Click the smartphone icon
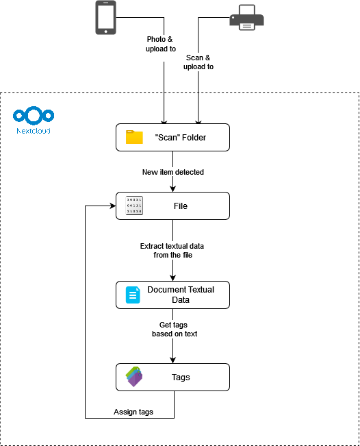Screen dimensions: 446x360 coord(105,17)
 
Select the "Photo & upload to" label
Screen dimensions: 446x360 coord(161,44)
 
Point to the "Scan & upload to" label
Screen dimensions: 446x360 coord(199,62)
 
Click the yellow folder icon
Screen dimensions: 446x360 coord(134,137)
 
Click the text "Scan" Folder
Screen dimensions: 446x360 coord(181,138)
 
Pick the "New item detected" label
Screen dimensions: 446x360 coord(172,172)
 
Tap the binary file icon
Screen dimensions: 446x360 coord(133,206)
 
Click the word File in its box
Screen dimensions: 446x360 coord(181,206)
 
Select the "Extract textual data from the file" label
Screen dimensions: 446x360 coord(172,250)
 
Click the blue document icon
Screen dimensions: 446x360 coord(133,295)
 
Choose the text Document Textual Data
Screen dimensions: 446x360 coord(181,295)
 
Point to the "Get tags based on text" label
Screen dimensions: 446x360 coord(172,329)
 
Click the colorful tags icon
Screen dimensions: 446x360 coord(133,377)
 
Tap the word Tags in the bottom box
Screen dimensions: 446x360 coord(181,377)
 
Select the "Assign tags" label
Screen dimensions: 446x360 coord(133,412)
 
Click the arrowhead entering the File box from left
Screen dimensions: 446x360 coord(112,206)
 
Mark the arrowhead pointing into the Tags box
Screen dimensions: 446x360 coord(172,360)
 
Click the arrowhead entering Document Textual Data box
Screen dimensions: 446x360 coord(172,277)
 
